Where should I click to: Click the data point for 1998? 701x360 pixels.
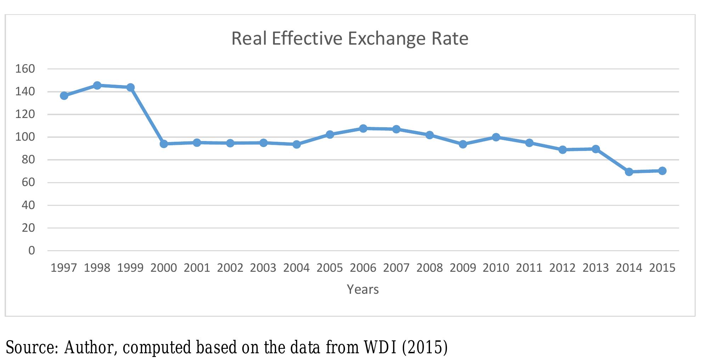[x=97, y=85]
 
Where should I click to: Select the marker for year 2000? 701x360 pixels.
[x=164, y=144]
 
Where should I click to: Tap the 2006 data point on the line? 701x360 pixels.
[x=363, y=128]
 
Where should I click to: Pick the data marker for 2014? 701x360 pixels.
[x=629, y=172]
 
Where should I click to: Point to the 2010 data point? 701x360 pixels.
[x=496, y=137]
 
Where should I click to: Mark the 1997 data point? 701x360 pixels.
[x=64, y=96]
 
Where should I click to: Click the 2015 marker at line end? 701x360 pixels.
[x=662, y=171]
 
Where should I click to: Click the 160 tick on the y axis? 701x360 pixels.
[x=25, y=69]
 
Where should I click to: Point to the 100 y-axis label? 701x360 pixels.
[x=25, y=137]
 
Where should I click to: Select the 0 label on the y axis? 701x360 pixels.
[x=32, y=251]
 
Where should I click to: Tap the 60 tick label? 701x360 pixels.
[x=28, y=182]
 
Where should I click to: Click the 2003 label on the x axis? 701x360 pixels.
[x=263, y=268]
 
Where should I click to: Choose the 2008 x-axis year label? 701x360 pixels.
[x=429, y=268]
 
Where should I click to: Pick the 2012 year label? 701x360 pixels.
[x=563, y=268]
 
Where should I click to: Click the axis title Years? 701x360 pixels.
[x=363, y=289]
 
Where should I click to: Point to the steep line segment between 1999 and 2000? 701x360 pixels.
[x=147, y=116]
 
